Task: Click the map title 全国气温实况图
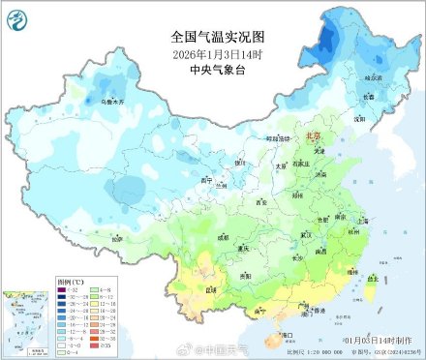coord(212,36)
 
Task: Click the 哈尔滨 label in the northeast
coord(374,75)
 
